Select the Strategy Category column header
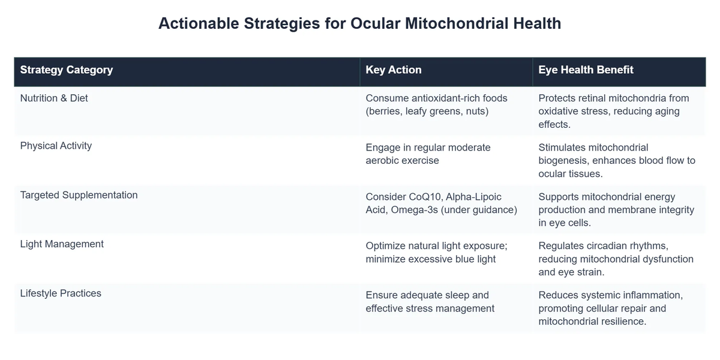[x=67, y=70]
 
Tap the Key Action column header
[x=394, y=70]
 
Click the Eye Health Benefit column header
[x=586, y=70]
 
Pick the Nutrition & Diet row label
[x=54, y=98]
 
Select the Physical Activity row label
[x=56, y=146]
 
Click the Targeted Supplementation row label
[x=79, y=195]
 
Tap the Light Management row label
[x=62, y=244]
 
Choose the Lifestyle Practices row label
[x=61, y=293]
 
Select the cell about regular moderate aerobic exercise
[x=428, y=154]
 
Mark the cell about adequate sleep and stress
[x=430, y=301]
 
